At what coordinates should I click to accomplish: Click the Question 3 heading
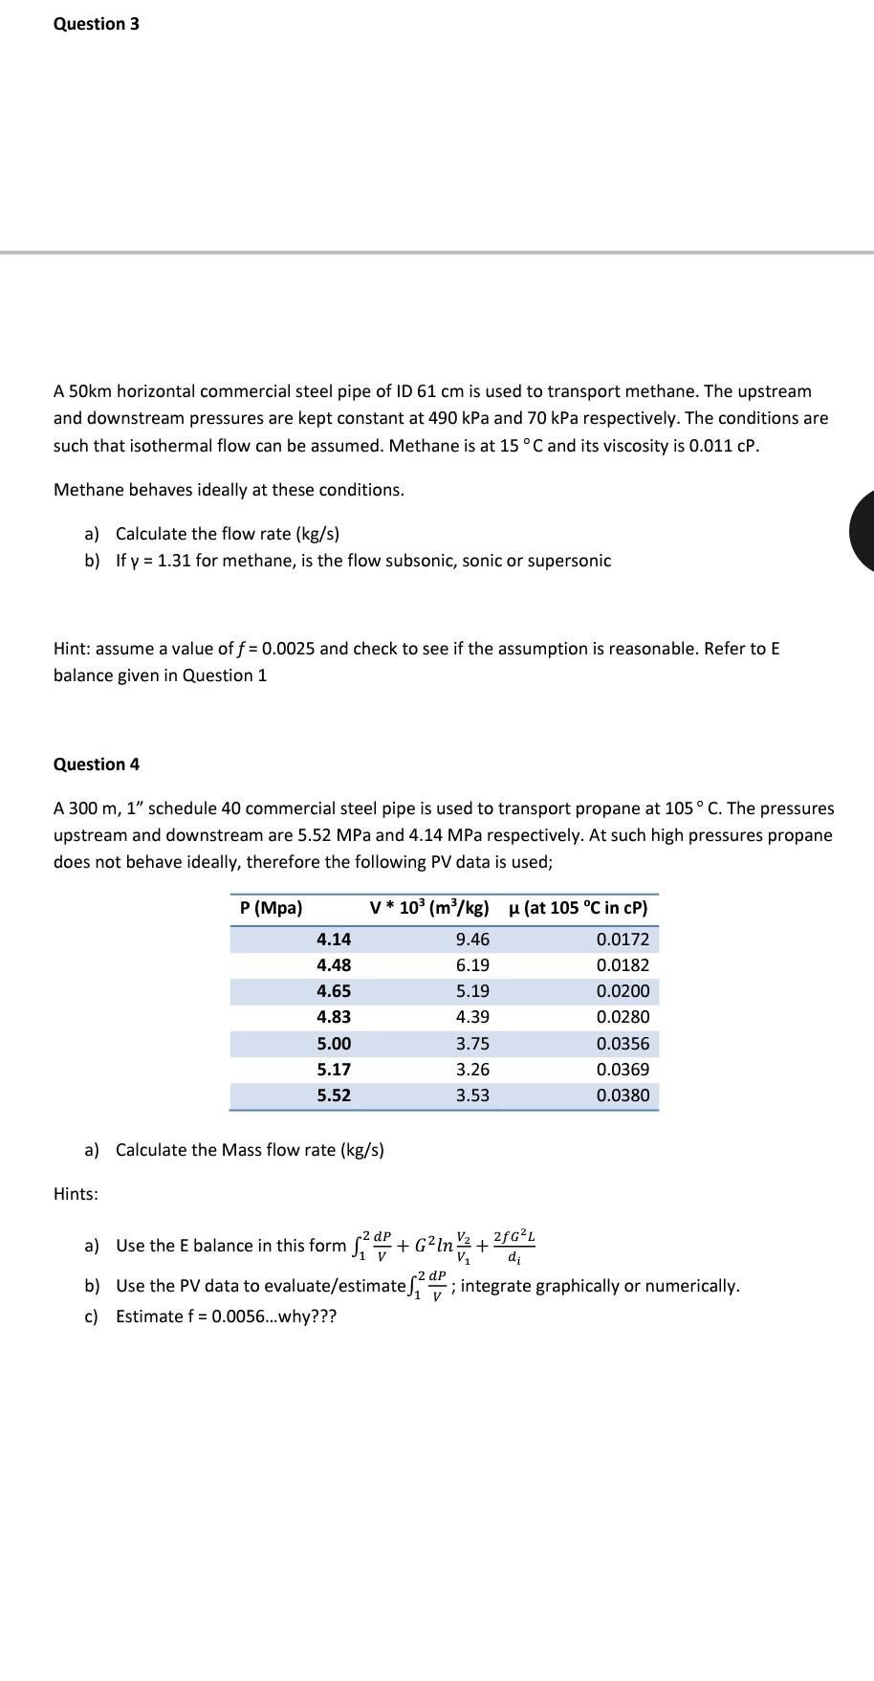97,24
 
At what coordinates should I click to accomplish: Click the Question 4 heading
97,764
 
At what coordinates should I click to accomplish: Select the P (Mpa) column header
271,908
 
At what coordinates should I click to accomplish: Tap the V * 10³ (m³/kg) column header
429,908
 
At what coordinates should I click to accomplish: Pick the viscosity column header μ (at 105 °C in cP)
578,908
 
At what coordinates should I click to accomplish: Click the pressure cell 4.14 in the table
334,940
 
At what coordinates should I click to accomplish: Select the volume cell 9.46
472,940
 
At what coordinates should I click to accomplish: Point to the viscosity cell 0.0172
623,940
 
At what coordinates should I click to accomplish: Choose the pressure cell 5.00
334,1044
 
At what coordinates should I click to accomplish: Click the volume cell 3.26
472,1070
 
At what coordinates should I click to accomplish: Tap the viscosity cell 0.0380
623,1095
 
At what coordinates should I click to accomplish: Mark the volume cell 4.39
472,1017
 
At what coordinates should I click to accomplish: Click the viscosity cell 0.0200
623,991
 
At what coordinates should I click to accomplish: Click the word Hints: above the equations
76,1194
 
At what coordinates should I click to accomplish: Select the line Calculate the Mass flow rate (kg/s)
250,1150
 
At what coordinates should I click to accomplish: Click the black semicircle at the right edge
863,530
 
